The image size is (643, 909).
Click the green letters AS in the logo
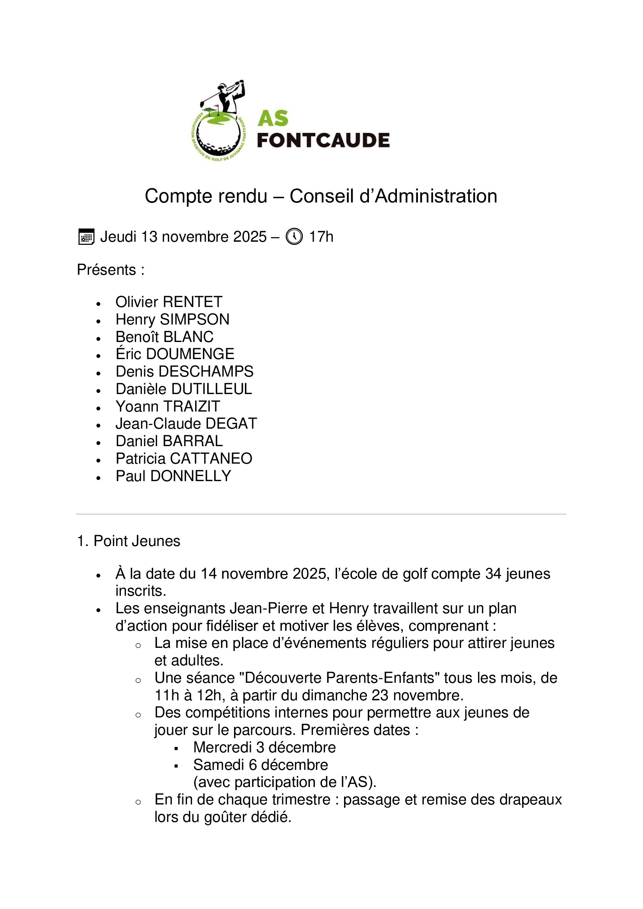tap(273, 119)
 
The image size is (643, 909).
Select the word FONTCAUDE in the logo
tap(323, 141)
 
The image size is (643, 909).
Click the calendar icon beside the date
tap(86, 237)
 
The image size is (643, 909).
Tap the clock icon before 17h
tap(294, 237)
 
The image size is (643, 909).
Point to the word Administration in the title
tap(435, 196)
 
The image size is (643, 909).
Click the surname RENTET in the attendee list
tap(192, 302)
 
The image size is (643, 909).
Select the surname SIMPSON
tap(194, 319)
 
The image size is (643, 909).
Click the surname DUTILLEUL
tap(211, 389)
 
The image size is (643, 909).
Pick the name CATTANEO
tap(211, 459)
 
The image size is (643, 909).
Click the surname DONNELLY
tap(190, 476)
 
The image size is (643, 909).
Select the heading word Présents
tap(107, 270)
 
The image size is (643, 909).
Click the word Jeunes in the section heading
tap(158, 541)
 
